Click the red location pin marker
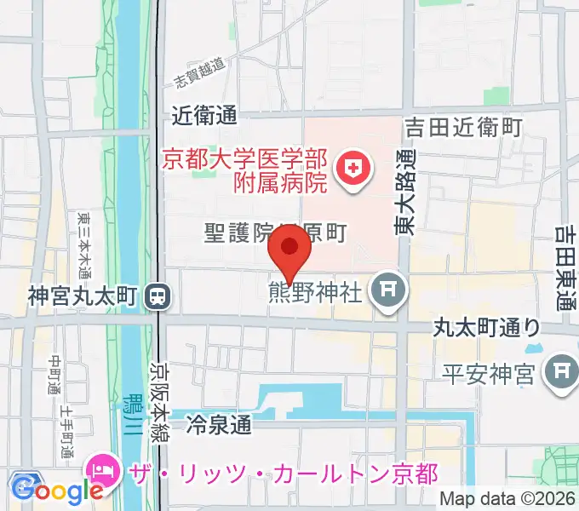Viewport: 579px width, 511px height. [289, 252]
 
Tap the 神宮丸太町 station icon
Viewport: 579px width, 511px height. [158, 296]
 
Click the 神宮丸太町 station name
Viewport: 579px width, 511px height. [83, 296]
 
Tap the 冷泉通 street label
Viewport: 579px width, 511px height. [220, 422]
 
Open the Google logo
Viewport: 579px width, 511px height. [57, 490]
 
